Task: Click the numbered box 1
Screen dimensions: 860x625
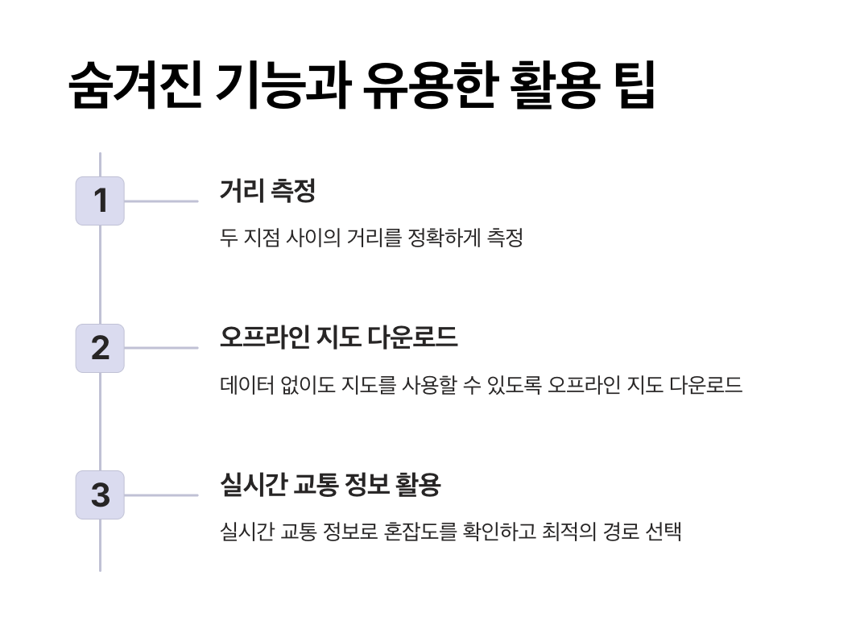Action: coord(100,201)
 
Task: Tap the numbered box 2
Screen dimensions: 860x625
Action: coord(100,348)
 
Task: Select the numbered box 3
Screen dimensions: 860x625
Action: coord(100,495)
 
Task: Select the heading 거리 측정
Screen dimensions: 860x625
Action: coord(267,191)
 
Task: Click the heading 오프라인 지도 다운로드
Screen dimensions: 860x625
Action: coord(338,337)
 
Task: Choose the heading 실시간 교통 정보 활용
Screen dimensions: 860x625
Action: coord(330,485)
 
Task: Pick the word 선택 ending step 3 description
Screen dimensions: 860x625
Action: coord(664,532)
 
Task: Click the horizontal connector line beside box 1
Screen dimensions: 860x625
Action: coord(161,201)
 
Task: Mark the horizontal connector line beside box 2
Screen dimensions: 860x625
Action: coord(161,348)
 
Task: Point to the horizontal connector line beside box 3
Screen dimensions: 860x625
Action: coord(161,495)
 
